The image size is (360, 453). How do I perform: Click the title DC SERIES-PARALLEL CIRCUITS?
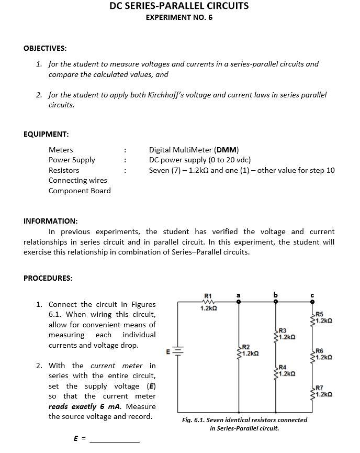[179, 6]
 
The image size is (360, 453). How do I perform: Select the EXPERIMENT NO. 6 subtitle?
[179, 17]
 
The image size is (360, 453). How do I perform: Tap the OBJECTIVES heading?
[45, 48]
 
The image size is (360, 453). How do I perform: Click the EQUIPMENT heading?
[46, 134]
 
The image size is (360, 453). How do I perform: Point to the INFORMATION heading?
[51, 220]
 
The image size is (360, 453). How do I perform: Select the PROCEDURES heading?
[48, 278]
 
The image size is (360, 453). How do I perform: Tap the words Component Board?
[80, 191]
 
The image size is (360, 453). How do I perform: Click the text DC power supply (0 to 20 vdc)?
[200, 160]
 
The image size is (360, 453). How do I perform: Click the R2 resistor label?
[245, 347]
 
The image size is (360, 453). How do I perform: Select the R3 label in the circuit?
[282, 330]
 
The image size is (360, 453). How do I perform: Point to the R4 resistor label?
[282, 367]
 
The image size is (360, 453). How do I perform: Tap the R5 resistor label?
[319, 314]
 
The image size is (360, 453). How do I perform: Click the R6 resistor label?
[319, 351]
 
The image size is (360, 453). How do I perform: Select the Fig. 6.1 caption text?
[244, 424]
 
